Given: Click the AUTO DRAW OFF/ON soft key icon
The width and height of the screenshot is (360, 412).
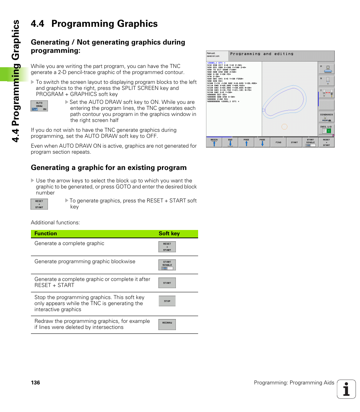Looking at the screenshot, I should tap(39, 106).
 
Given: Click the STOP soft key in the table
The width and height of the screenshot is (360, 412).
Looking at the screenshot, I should tap(167, 301).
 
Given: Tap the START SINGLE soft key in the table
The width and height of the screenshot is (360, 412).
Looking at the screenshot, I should tap(167, 265).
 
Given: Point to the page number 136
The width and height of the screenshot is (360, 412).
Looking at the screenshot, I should tap(35, 383).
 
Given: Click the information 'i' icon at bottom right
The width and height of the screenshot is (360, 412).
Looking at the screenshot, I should tap(346, 389).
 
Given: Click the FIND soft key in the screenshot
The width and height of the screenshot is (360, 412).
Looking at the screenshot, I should tap(278, 142).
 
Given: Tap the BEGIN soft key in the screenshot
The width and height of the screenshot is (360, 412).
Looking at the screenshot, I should tap(214, 142).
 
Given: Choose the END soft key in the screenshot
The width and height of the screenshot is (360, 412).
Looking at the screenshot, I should tap(230, 142).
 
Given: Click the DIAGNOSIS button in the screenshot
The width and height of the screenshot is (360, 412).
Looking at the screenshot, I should tap(326, 117).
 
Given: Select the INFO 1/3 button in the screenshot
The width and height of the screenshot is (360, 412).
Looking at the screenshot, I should tap(326, 129).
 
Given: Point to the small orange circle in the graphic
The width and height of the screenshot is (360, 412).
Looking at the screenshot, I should tap(285, 127).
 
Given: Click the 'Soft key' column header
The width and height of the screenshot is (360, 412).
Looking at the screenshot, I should tap(169, 234).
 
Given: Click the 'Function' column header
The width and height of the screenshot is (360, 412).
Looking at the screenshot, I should tap(46, 234).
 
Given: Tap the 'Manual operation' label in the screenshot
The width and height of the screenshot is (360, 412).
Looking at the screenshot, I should tap(213, 55).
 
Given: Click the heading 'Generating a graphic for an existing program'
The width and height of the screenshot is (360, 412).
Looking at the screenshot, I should tap(109, 168).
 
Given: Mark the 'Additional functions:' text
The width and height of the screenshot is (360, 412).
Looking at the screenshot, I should tap(55, 222).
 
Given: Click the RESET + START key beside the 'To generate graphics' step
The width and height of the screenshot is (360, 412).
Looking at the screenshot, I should tap(39, 204).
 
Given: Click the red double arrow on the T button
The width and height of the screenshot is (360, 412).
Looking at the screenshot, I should tap(328, 93).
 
